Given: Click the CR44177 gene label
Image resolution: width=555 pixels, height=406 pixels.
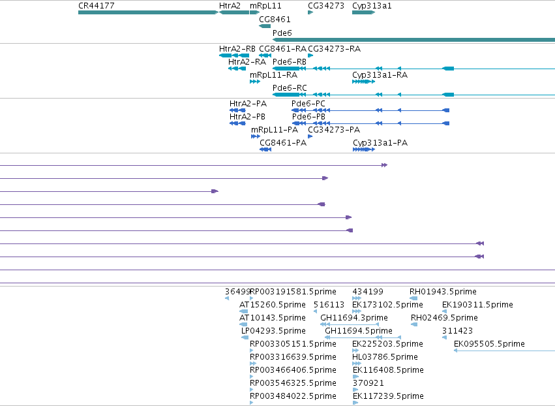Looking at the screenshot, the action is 97,6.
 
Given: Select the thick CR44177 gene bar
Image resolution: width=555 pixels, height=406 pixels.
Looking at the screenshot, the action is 148,12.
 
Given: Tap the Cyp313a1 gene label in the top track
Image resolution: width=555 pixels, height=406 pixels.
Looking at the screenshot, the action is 372,6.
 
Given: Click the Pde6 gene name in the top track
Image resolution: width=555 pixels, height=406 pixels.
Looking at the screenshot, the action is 282,33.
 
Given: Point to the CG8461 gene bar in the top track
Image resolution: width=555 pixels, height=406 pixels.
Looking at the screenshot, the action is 265,26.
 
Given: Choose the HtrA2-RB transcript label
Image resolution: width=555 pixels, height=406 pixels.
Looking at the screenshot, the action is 237,49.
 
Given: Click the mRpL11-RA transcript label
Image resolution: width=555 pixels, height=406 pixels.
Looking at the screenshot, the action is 274,75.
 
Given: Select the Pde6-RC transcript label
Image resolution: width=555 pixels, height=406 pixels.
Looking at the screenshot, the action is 290,88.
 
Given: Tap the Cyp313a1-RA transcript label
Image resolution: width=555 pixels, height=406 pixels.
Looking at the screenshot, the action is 380,75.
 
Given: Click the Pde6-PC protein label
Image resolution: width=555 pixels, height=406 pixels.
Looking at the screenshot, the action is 308,104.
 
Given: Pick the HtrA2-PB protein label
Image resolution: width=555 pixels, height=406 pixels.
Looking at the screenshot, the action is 247,117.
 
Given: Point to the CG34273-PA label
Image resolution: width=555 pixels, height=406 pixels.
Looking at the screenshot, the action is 334,130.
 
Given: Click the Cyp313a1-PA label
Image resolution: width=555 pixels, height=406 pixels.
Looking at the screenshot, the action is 380,143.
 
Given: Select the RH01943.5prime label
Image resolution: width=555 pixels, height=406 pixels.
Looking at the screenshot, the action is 443,292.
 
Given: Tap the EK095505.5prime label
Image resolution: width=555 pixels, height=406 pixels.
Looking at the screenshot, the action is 489,343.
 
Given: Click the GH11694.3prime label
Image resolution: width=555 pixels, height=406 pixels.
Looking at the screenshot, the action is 354,318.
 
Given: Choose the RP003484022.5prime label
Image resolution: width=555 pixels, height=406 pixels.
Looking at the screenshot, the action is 293,396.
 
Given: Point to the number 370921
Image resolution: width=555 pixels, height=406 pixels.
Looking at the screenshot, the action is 368,383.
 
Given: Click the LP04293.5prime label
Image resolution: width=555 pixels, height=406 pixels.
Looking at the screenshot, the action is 273,331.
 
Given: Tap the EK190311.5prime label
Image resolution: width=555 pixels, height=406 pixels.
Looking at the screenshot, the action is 477,305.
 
